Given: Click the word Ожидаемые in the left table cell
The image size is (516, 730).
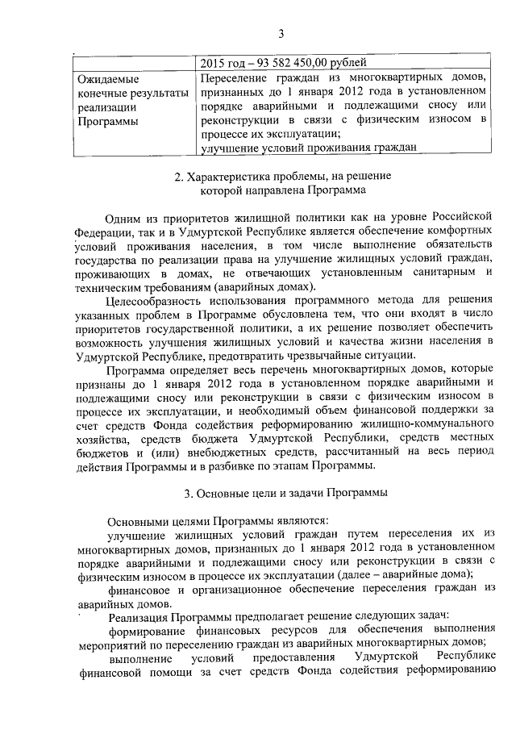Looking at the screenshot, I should pyautogui.click(x=107, y=80).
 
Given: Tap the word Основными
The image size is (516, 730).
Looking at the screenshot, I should pyautogui.click(x=137, y=521).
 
